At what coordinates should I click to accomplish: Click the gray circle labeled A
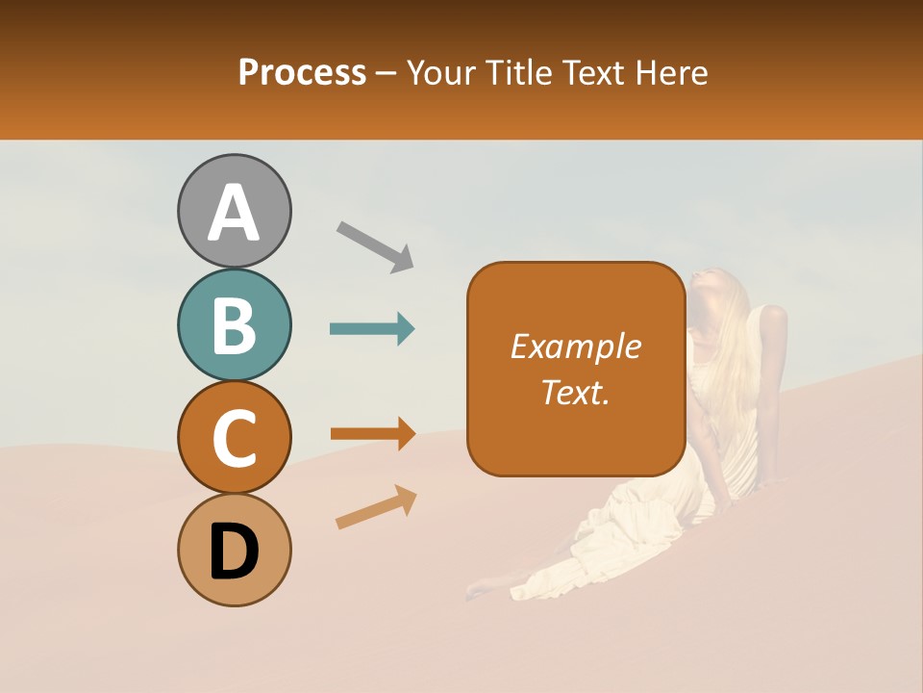[235, 211]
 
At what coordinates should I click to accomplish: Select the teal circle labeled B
[235, 324]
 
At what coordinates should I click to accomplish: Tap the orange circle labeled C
[235, 437]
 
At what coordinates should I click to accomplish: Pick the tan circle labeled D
[235, 550]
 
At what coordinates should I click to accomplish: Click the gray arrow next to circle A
[375, 244]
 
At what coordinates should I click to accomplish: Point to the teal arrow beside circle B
[372, 329]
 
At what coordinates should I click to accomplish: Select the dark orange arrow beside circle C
[372, 433]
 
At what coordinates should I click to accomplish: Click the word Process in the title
[302, 72]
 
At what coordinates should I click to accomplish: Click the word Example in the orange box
[575, 346]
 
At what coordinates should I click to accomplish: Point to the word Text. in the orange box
[575, 392]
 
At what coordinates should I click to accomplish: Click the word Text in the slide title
[587, 72]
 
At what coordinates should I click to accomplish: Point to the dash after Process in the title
[387, 74]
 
